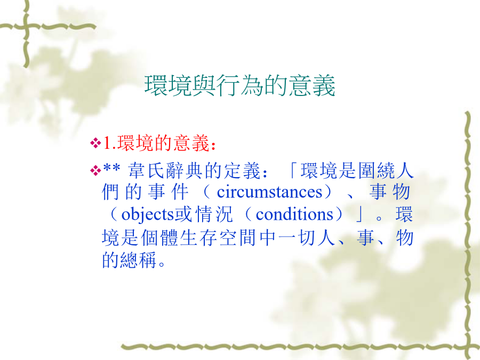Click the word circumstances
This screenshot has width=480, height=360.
[x=269, y=192]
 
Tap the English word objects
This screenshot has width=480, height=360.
[x=148, y=215]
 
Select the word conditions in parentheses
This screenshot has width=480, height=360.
[x=294, y=214]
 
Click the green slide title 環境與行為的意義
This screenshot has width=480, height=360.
[x=239, y=85]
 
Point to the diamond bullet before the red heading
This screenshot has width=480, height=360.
[x=95, y=143]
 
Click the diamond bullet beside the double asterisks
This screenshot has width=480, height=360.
[x=95, y=170]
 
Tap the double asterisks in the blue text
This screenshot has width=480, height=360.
[x=111, y=169]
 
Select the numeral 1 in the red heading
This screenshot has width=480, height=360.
[x=107, y=143]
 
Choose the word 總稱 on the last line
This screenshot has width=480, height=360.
[x=138, y=260]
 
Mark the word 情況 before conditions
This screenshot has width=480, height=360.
[x=214, y=214]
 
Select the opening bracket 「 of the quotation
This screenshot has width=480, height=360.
[x=293, y=171]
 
